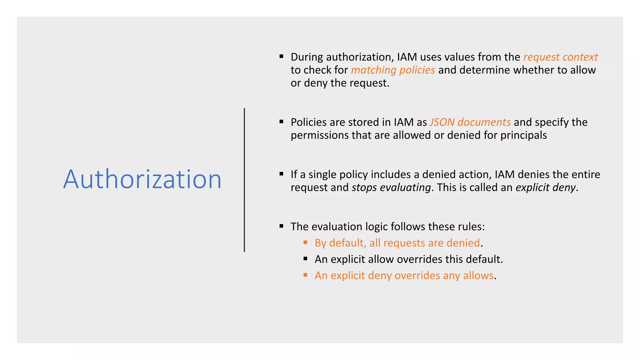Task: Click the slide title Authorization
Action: [x=142, y=179]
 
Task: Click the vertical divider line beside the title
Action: [x=244, y=180]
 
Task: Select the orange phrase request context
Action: [x=560, y=57]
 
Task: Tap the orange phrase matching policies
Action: [x=393, y=70]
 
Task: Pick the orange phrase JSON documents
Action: [x=470, y=122]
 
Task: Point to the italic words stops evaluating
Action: [x=391, y=187]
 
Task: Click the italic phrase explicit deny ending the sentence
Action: [x=545, y=187]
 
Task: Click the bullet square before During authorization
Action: [x=281, y=57]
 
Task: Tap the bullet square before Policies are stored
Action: [x=281, y=122]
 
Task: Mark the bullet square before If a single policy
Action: [x=281, y=174]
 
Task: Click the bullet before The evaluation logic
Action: [x=281, y=226]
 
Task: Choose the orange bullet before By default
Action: [x=305, y=242]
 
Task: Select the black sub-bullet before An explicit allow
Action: [x=305, y=258]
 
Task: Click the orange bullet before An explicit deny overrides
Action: [x=305, y=275]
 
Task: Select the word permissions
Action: [x=320, y=135]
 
